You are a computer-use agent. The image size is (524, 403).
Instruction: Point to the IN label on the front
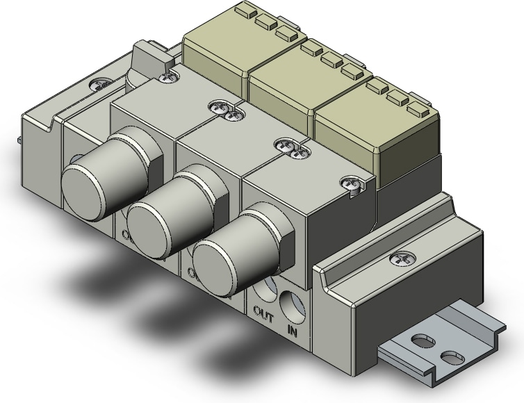[293, 324]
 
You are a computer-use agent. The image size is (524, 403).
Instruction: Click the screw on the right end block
[401, 258]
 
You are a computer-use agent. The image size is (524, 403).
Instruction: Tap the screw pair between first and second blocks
[224, 108]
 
